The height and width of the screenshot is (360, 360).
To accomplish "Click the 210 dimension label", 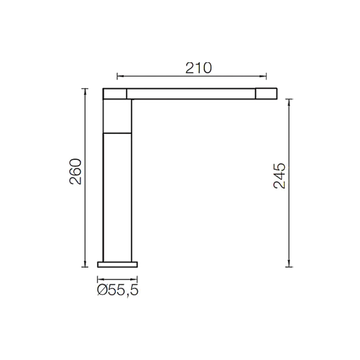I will coord(198,68).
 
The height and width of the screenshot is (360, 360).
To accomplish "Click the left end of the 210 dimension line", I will coord(118,76).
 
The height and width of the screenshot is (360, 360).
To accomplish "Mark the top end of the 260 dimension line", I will coord(85,89).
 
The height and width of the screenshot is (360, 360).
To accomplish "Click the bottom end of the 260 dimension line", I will coord(85,266).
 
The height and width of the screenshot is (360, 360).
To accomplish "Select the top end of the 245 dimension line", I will coord(289,100).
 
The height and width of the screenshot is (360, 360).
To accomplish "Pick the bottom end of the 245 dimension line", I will coord(289,266).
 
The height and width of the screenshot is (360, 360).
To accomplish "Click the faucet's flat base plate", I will coord(117,265).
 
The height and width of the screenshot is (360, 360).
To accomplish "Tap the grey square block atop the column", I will coord(117,116).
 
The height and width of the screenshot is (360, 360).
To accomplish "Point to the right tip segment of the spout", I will coord(266,93).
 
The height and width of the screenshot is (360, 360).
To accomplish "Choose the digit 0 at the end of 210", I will coord(206,68).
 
